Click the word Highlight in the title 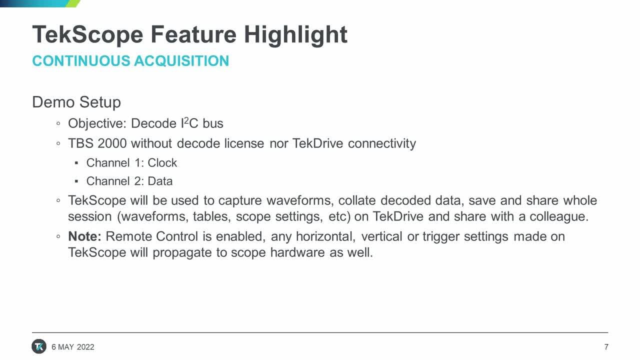[x=295, y=35]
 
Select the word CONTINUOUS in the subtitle [x=81, y=61]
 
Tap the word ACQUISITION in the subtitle [x=181, y=61]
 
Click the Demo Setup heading [x=76, y=102]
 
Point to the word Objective [x=97, y=123]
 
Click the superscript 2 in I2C [x=186, y=120]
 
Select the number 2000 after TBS [x=112, y=143]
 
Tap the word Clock [x=162, y=163]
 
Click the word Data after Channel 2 [x=160, y=181]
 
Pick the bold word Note [x=84, y=236]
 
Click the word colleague [x=559, y=217]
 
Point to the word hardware [x=297, y=252]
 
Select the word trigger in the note [x=441, y=237]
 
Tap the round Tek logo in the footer [x=39, y=346]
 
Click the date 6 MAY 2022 [x=73, y=347]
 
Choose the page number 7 [x=606, y=347]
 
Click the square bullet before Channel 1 [x=76, y=163]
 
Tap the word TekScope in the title [x=87, y=35]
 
